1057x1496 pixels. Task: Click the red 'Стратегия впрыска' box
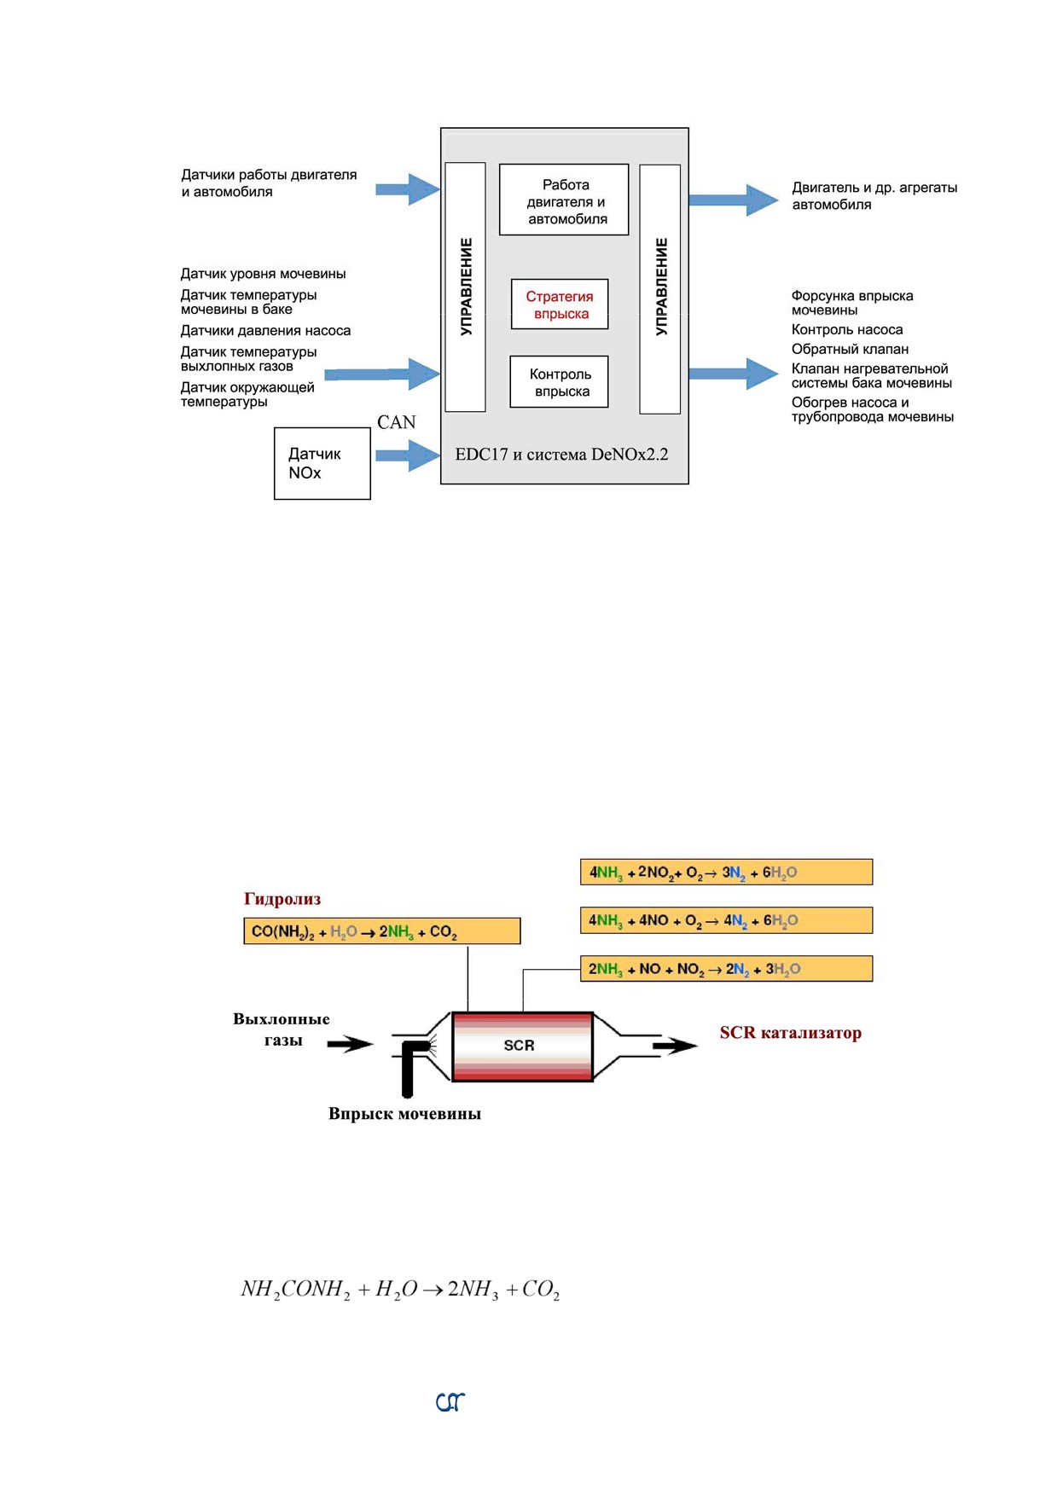560,304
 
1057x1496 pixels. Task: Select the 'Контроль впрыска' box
560,381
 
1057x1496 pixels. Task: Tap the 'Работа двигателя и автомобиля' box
564,200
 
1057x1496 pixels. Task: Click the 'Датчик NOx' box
322,463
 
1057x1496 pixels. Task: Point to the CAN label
396,422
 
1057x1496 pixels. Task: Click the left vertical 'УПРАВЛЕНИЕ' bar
466,287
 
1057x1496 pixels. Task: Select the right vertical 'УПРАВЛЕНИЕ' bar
660,289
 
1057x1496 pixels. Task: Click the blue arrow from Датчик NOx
408,455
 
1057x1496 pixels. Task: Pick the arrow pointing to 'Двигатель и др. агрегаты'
734,200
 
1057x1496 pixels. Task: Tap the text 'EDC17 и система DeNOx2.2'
561,455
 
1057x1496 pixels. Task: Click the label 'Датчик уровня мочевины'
263,274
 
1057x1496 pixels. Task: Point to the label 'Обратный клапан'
850,349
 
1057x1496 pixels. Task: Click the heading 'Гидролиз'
282,898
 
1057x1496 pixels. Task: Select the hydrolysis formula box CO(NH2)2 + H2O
382,931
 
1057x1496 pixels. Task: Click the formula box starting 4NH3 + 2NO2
726,872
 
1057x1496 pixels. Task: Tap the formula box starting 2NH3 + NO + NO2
726,968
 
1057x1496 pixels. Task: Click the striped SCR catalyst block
522,1046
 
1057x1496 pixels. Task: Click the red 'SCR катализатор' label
791,1033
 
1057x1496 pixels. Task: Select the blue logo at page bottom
450,1401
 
